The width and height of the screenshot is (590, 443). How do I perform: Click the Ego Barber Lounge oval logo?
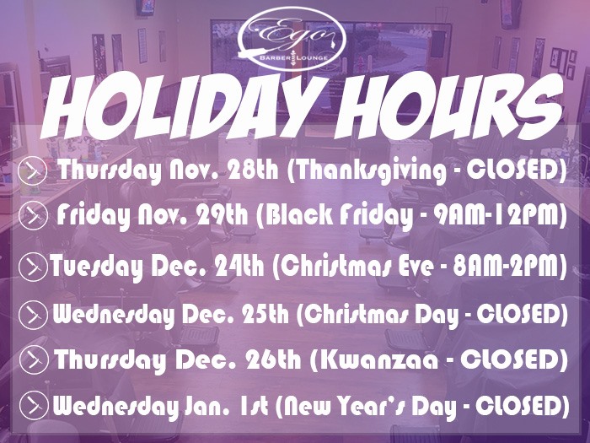[292, 39]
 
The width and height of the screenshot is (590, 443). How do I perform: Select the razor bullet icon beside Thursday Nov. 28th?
[32, 170]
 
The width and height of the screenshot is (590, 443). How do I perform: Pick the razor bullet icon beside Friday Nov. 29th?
[33, 216]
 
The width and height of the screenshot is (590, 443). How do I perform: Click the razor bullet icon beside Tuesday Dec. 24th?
[33, 267]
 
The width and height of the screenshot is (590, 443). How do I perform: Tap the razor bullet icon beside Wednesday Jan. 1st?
[34, 405]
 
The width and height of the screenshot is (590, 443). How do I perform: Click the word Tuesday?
[97, 267]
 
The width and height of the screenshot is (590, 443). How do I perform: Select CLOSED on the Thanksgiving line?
[512, 170]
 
